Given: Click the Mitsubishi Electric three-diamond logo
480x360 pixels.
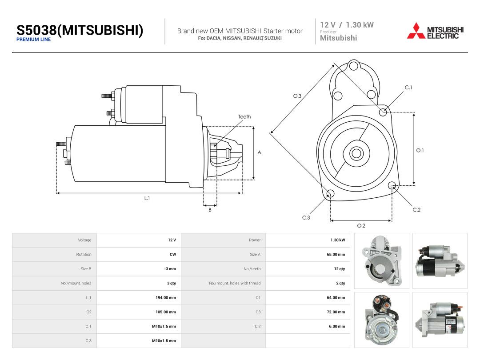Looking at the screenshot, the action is coord(416,31).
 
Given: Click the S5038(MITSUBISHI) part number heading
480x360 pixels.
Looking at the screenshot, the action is coord(80,30).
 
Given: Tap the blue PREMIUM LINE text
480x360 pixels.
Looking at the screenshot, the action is coord(33,40).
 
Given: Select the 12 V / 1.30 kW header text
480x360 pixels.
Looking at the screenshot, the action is coord(347,25).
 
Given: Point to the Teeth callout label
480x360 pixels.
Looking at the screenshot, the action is coord(244,116).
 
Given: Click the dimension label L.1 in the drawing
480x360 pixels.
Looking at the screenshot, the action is coord(147,198).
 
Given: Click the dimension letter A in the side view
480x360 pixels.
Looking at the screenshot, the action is coord(259,152).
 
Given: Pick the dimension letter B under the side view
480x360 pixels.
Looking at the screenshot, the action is coord(210,210).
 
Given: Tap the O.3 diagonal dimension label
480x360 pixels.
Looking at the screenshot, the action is coord(297,96).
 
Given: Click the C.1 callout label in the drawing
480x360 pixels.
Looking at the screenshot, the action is coord(408,88).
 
